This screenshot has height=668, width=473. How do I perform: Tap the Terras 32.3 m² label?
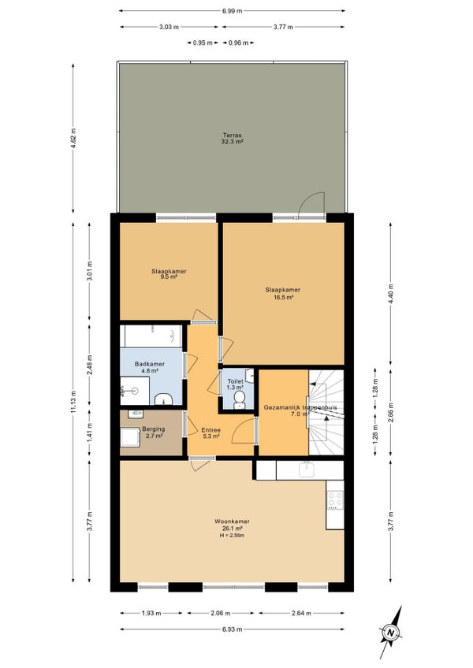point(232,139)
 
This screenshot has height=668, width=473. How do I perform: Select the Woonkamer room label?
point(232,521)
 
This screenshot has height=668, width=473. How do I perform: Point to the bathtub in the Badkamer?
point(151,336)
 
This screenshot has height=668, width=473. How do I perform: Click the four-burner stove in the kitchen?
point(335,500)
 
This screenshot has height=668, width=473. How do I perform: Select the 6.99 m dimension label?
point(232,11)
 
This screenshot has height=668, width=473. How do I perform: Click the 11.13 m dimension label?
point(73,403)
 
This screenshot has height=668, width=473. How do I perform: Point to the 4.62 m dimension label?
point(73,138)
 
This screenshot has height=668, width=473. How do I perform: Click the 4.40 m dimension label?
point(391,294)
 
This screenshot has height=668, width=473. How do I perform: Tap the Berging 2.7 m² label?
point(153,432)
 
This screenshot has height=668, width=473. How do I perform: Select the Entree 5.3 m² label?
point(210,433)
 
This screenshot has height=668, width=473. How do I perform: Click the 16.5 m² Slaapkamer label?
point(283,294)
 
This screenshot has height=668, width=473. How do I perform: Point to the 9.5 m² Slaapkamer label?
point(169,274)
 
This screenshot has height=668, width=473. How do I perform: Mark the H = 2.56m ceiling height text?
point(232,536)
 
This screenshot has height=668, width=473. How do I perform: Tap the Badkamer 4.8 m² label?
point(150,367)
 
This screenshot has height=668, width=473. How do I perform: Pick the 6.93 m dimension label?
point(232,629)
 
